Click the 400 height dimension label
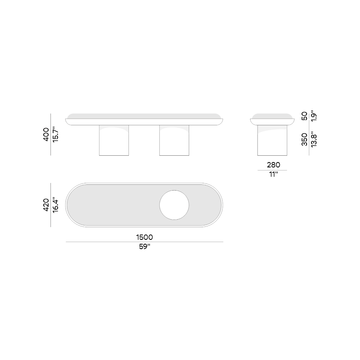pos(46,135)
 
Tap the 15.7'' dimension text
pos(55,135)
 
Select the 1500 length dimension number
pos(144,237)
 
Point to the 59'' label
pos(144,247)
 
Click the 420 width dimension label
pos(46,205)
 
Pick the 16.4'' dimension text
pos(55,205)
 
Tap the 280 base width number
pos(273,165)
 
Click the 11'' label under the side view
pos(273,175)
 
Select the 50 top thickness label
pos(304,116)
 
